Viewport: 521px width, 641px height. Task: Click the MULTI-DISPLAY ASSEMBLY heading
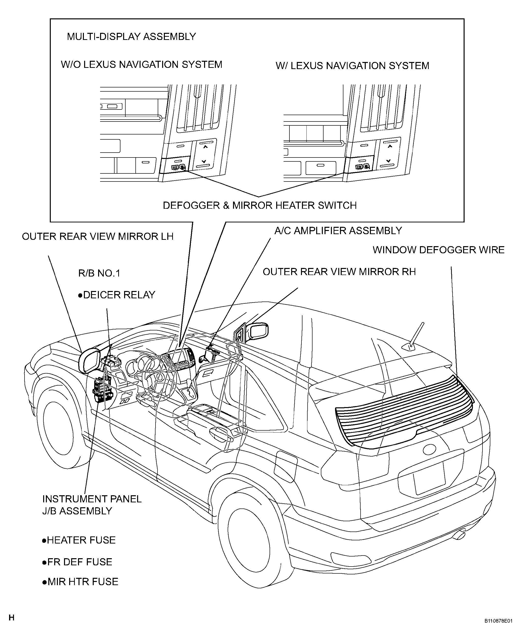pos(131,36)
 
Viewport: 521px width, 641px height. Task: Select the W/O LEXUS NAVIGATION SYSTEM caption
pos(141,64)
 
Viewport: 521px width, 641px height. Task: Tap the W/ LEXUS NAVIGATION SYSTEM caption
pos(352,66)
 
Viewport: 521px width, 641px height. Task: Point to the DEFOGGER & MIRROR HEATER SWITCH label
pos(260,205)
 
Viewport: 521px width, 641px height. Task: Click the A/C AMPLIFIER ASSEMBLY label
pos(338,230)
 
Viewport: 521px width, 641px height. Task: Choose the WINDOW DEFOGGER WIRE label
pos(439,250)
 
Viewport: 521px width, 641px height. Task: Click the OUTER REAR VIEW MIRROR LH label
pos(98,236)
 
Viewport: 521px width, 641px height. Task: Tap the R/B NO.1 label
pos(99,273)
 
